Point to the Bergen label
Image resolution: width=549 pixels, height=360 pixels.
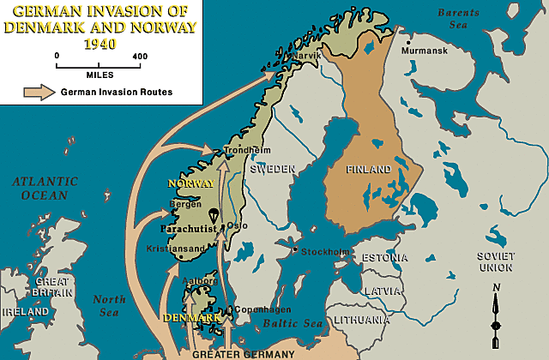point(186,205)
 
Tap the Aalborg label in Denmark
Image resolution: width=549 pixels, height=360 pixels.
point(200,280)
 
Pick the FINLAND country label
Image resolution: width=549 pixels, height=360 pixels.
point(369,169)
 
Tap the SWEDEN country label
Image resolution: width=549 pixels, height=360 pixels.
point(272,169)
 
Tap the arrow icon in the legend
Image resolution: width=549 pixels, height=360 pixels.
point(36,92)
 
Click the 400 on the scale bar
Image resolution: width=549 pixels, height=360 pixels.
point(140,56)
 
